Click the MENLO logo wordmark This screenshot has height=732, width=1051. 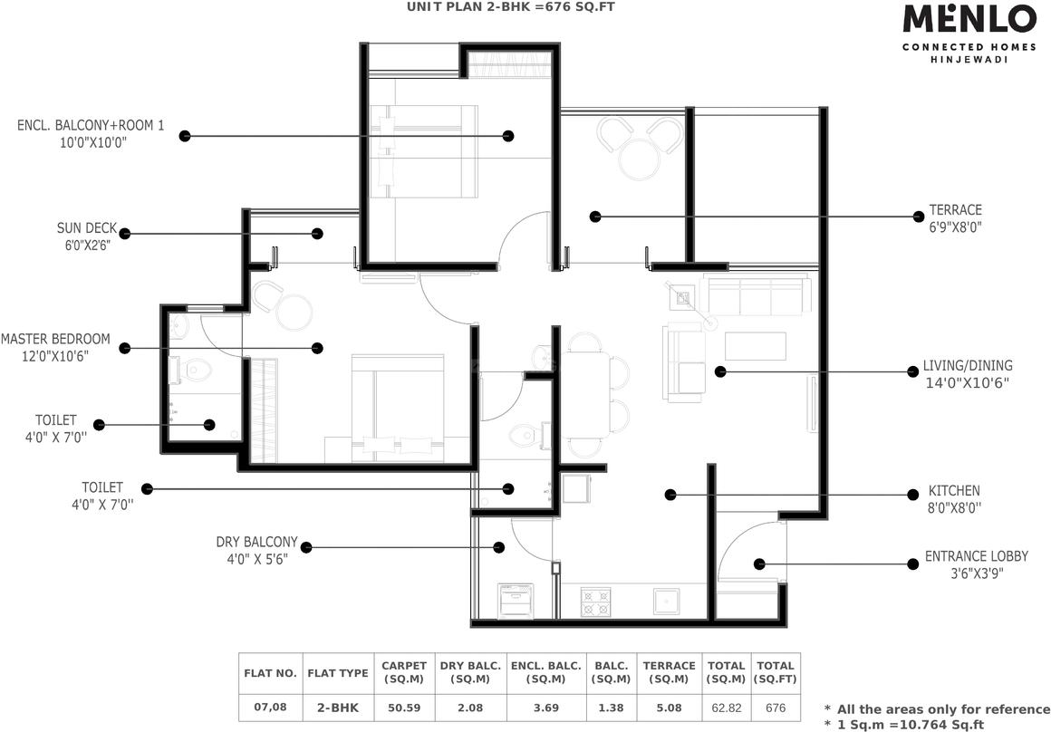point(969,19)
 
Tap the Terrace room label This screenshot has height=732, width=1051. point(955,210)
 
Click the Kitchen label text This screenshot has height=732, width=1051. point(954,491)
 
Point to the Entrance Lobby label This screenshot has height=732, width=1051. point(977,556)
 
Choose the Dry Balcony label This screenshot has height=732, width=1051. point(256,542)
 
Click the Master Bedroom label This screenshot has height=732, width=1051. point(55,339)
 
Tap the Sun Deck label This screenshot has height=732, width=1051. point(86,228)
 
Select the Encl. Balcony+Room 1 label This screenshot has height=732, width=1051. point(91,125)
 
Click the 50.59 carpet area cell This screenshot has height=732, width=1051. point(404,708)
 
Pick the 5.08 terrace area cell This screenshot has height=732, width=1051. point(669,708)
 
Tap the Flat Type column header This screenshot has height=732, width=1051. point(338,673)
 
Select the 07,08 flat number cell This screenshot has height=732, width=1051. point(270,708)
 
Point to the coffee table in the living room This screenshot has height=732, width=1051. point(756,346)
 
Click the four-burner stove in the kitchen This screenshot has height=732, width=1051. point(595,602)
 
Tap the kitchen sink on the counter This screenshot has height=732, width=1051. point(667,602)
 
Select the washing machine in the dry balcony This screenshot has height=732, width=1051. point(516,601)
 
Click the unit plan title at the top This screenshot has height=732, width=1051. point(511,6)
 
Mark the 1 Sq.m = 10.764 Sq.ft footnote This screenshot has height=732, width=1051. point(905,725)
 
